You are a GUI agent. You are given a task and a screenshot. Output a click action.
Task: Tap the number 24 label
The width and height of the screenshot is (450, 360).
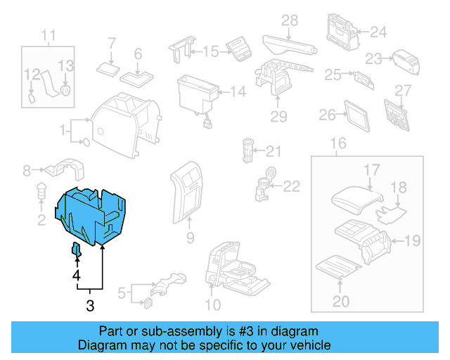coord(378,32)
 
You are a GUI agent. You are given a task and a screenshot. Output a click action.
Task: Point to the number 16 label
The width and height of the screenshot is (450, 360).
coord(338,144)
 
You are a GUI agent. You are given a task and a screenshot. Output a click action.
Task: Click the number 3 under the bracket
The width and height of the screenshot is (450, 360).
coord(90,305)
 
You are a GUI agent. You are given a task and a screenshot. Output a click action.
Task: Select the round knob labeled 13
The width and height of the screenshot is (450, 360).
coord(65,90)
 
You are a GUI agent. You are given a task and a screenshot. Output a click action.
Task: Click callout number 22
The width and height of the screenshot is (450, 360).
coord(291,186)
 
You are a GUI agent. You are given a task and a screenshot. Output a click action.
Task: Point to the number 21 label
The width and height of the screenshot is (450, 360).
coord(273,151)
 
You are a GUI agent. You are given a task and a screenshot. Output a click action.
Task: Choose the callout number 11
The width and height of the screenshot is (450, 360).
coord(48,35)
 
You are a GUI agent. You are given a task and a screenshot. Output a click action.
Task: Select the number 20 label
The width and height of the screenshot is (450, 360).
coord(340,302)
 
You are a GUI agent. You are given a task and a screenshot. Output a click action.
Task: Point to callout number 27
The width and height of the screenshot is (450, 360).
coord(402,91)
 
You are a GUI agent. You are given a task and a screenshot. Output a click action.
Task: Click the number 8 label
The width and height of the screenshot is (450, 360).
coord(27,169)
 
